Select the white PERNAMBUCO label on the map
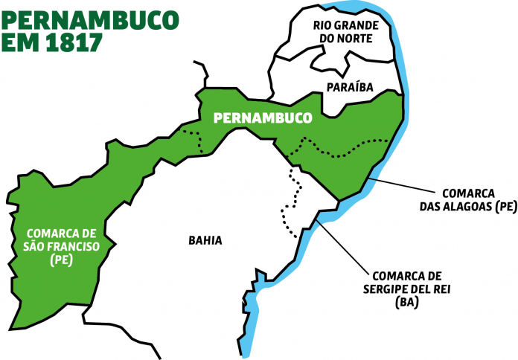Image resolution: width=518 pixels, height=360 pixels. pyautogui.click(x=261, y=118)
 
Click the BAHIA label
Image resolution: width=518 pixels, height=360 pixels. pyautogui.click(x=205, y=240)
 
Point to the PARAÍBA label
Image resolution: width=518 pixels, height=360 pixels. pyautogui.click(x=350, y=87)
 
